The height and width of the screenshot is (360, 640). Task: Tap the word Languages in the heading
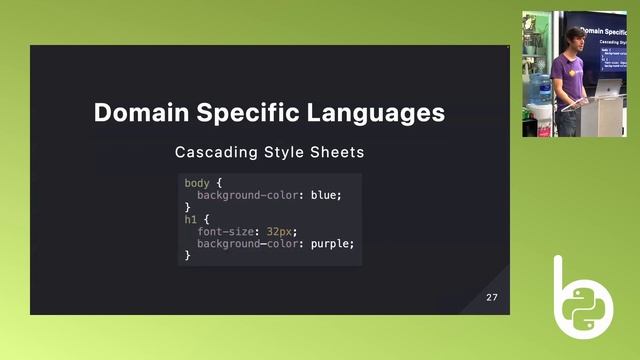[x=374, y=112]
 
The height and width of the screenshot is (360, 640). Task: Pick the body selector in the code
[x=197, y=183]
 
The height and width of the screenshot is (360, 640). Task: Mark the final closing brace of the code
[x=187, y=255]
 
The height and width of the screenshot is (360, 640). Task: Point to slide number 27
[x=492, y=298]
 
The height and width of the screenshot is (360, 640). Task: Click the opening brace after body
[x=218, y=183]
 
